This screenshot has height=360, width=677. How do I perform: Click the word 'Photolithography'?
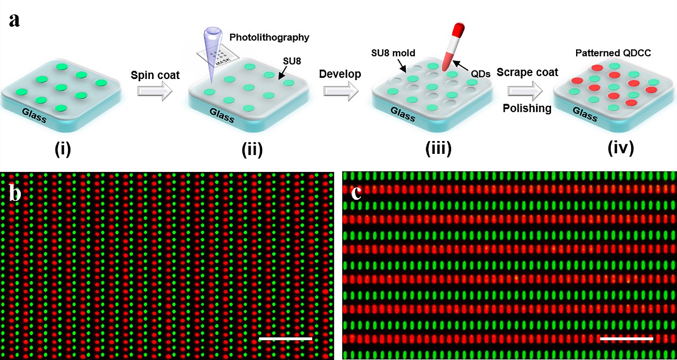tap(269, 37)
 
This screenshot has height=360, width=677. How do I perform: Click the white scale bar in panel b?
tap(285, 339)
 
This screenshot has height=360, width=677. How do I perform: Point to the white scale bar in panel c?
tap(626, 339)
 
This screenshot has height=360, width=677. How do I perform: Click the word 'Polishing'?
tap(527, 108)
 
